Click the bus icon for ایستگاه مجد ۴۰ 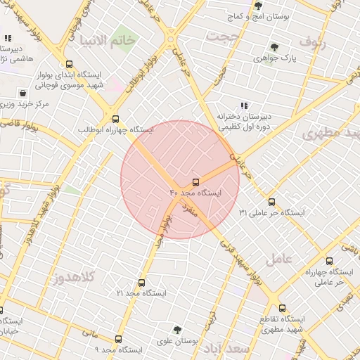pos(196,182)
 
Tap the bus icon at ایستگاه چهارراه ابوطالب pos(116,119)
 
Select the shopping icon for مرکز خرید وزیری pos(24,93)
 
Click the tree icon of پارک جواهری pos(274,48)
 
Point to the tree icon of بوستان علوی pos(176,330)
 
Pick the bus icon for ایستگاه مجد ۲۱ pos(142,283)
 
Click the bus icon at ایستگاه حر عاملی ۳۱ pos(271,202)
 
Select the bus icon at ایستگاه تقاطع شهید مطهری pos(282,307)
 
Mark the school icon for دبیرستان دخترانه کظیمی pos(244,105)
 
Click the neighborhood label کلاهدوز pos(74,276)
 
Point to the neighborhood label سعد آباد pos(226,348)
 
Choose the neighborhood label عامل pos(279,258)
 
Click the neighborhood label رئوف pos(314,41)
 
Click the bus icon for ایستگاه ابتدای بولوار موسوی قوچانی pos(67,63)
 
